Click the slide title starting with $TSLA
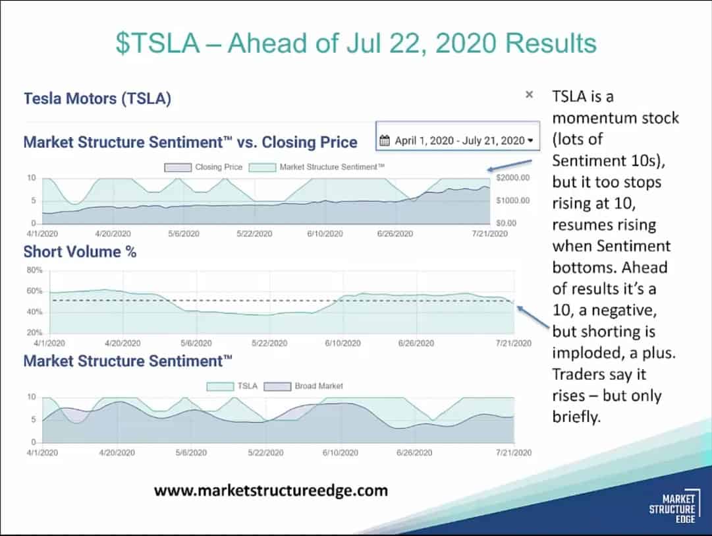356,44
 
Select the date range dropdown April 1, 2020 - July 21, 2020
458,140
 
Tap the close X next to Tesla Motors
529,95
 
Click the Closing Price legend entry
204,167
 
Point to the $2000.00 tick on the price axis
512,178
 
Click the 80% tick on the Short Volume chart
35,270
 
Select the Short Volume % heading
80,251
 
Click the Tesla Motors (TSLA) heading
97,99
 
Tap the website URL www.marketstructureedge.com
271,491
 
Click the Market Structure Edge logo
672,510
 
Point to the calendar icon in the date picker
386,140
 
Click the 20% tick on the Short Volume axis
35,332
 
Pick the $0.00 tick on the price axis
507,223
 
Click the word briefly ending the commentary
577,417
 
